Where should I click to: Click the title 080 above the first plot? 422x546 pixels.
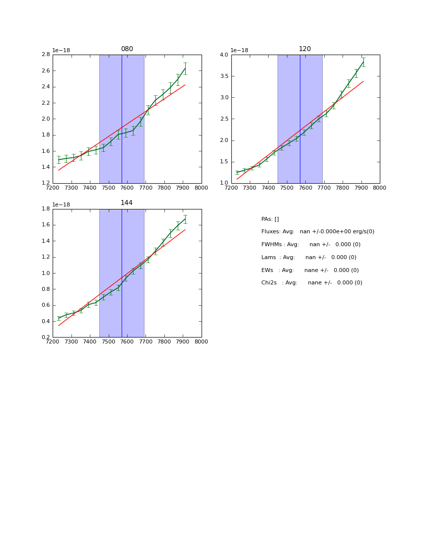[127, 49]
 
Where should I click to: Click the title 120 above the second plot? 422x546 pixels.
[305, 49]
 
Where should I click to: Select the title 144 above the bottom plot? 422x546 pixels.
[127, 203]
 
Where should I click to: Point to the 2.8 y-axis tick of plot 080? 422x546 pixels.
[45, 55]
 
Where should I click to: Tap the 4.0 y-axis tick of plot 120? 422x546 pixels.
[224, 55]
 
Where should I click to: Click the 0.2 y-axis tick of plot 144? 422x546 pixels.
[45, 338]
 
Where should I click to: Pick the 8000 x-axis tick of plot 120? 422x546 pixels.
[380, 188]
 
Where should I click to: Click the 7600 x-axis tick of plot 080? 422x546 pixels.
[127, 188]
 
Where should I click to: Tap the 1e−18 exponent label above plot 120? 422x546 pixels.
[240, 50]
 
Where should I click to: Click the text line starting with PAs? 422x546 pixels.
[270, 219]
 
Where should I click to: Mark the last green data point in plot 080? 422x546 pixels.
[185, 68]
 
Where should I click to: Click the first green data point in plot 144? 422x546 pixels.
[59, 318]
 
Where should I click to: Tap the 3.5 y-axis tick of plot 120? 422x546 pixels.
[224, 76]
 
